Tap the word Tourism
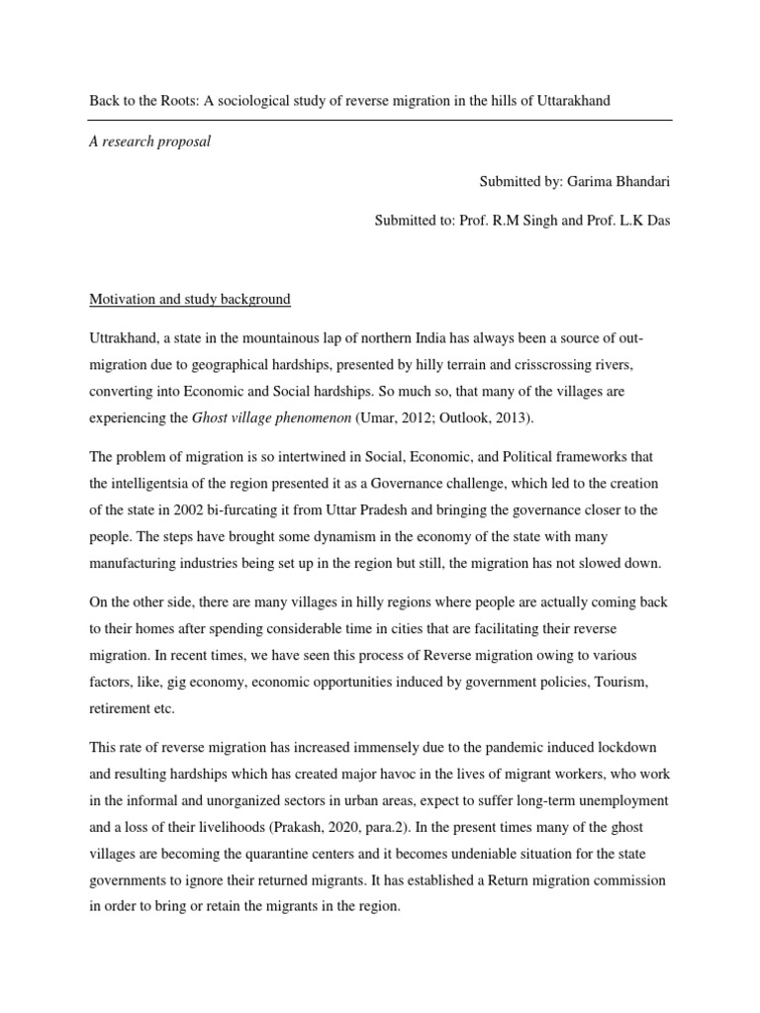[x=632, y=683]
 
